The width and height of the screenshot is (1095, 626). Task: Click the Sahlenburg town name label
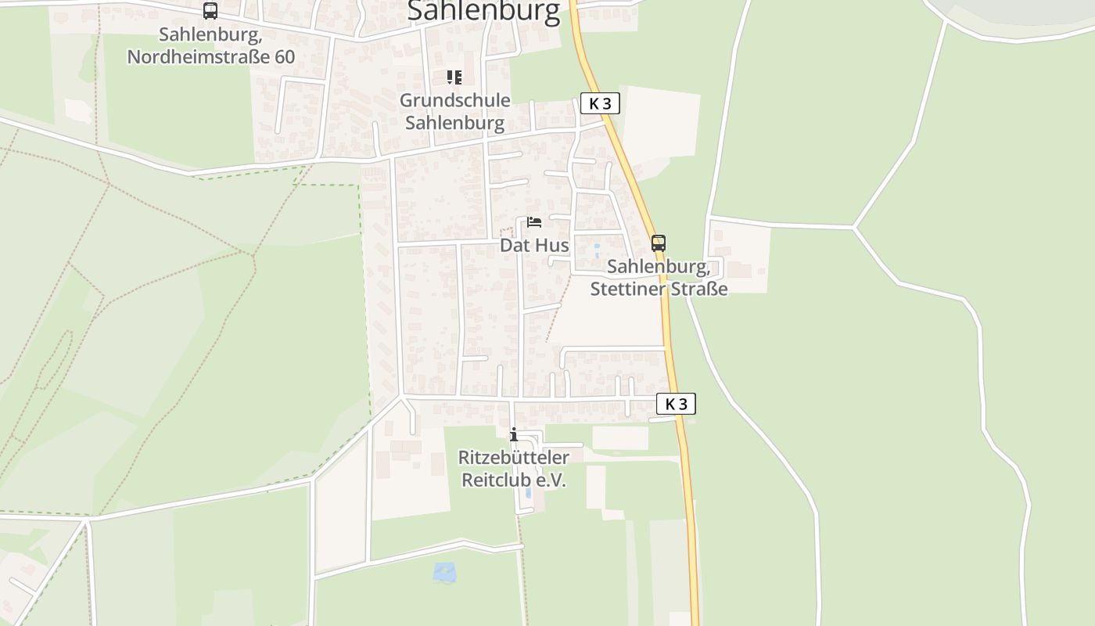tap(484, 11)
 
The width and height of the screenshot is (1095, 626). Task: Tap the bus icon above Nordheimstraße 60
tap(210, 11)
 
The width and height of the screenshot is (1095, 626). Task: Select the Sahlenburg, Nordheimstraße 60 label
tap(210, 46)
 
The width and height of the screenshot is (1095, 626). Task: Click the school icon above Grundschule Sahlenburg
tap(454, 77)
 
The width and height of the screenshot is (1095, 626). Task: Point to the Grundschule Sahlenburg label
tap(454, 112)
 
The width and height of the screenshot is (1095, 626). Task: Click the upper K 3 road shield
tap(600, 103)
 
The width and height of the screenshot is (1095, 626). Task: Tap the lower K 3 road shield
tap(676, 404)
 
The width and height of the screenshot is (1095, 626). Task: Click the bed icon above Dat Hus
tap(534, 222)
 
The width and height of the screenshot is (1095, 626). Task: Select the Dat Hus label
tap(534, 245)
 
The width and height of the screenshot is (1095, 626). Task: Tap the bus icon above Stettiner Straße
tap(659, 243)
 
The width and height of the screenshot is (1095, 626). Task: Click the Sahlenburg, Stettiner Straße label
tap(659, 278)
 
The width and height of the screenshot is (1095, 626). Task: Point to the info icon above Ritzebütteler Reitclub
tap(514, 434)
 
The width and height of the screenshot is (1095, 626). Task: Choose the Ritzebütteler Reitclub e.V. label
tap(513, 469)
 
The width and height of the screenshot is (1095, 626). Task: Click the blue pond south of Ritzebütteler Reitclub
tap(444, 572)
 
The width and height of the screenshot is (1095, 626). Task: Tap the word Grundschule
tap(454, 100)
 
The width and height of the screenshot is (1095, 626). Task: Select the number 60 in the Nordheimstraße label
tap(285, 57)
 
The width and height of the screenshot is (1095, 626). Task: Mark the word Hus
tap(552, 245)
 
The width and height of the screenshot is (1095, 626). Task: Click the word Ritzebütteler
tap(513, 457)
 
